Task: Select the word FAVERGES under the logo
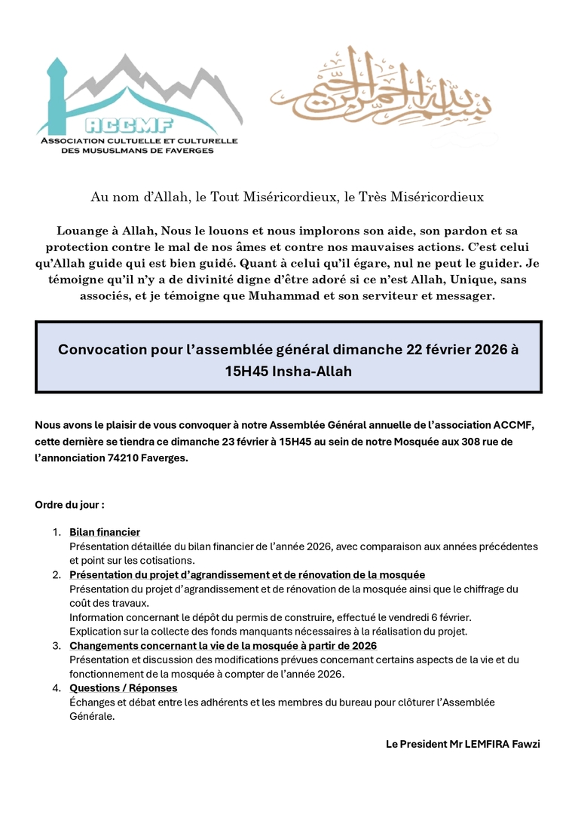coord(192,150)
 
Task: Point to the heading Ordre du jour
coord(69,503)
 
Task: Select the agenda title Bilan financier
coord(105,532)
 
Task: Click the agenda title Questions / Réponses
coord(124,688)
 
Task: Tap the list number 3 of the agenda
coord(57,646)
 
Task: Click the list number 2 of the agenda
coord(57,575)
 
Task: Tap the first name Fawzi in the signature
coord(526,744)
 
